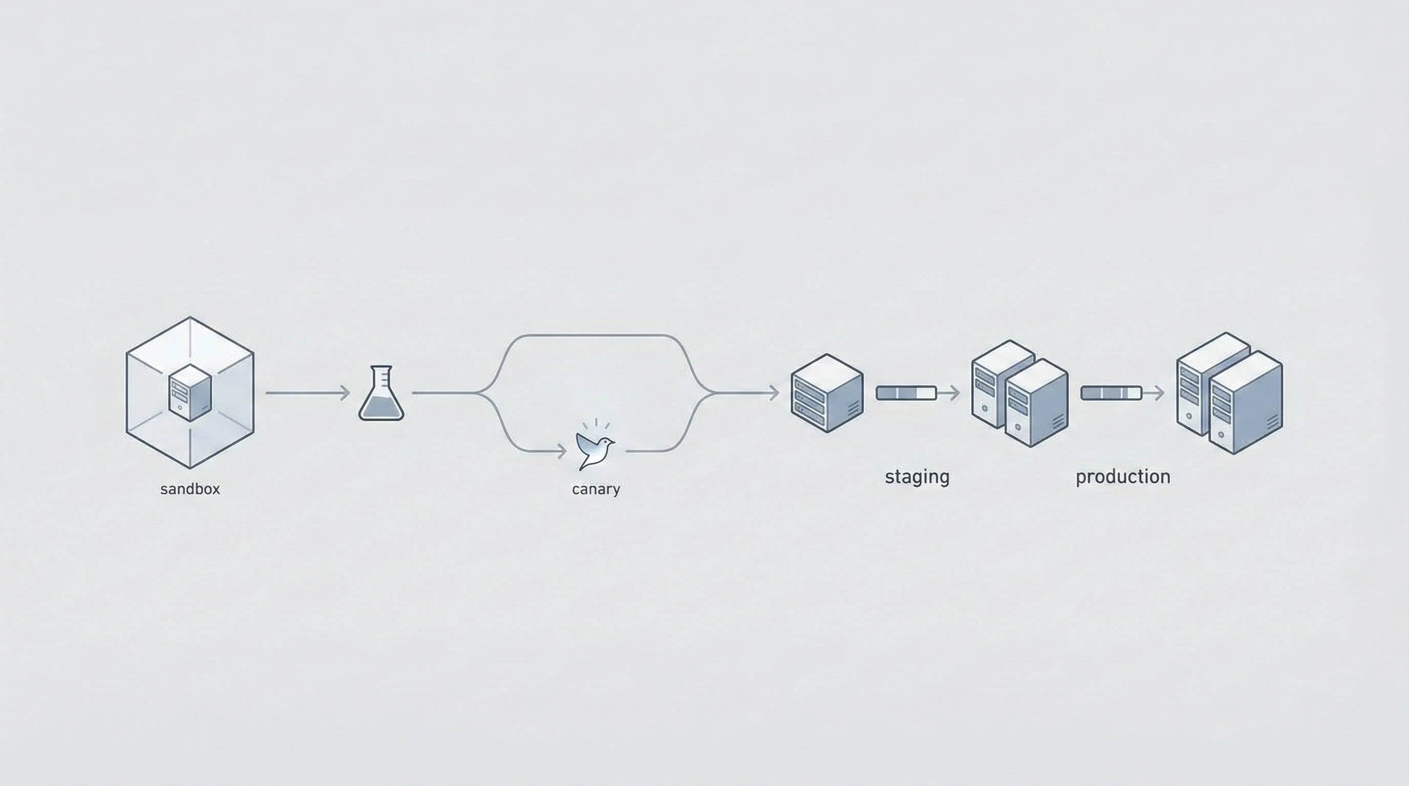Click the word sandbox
pyautogui.click(x=190, y=489)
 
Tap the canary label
pyautogui.click(x=595, y=489)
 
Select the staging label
pyautogui.click(x=917, y=476)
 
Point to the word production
pyautogui.click(x=1122, y=476)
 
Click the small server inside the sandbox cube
pyautogui.click(x=190, y=392)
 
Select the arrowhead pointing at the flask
pyautogui.click(x=345, y=392)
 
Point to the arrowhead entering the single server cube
pyautogui.click(x=774, y=392)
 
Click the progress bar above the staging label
pyautogui.click(x=906, y=392)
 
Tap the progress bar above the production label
pyautogui.click(x=1111, y=392)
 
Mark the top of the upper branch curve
pyautogui.click(x=595, y=335)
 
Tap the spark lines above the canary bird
pyautogui.click(x=595, y=424)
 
